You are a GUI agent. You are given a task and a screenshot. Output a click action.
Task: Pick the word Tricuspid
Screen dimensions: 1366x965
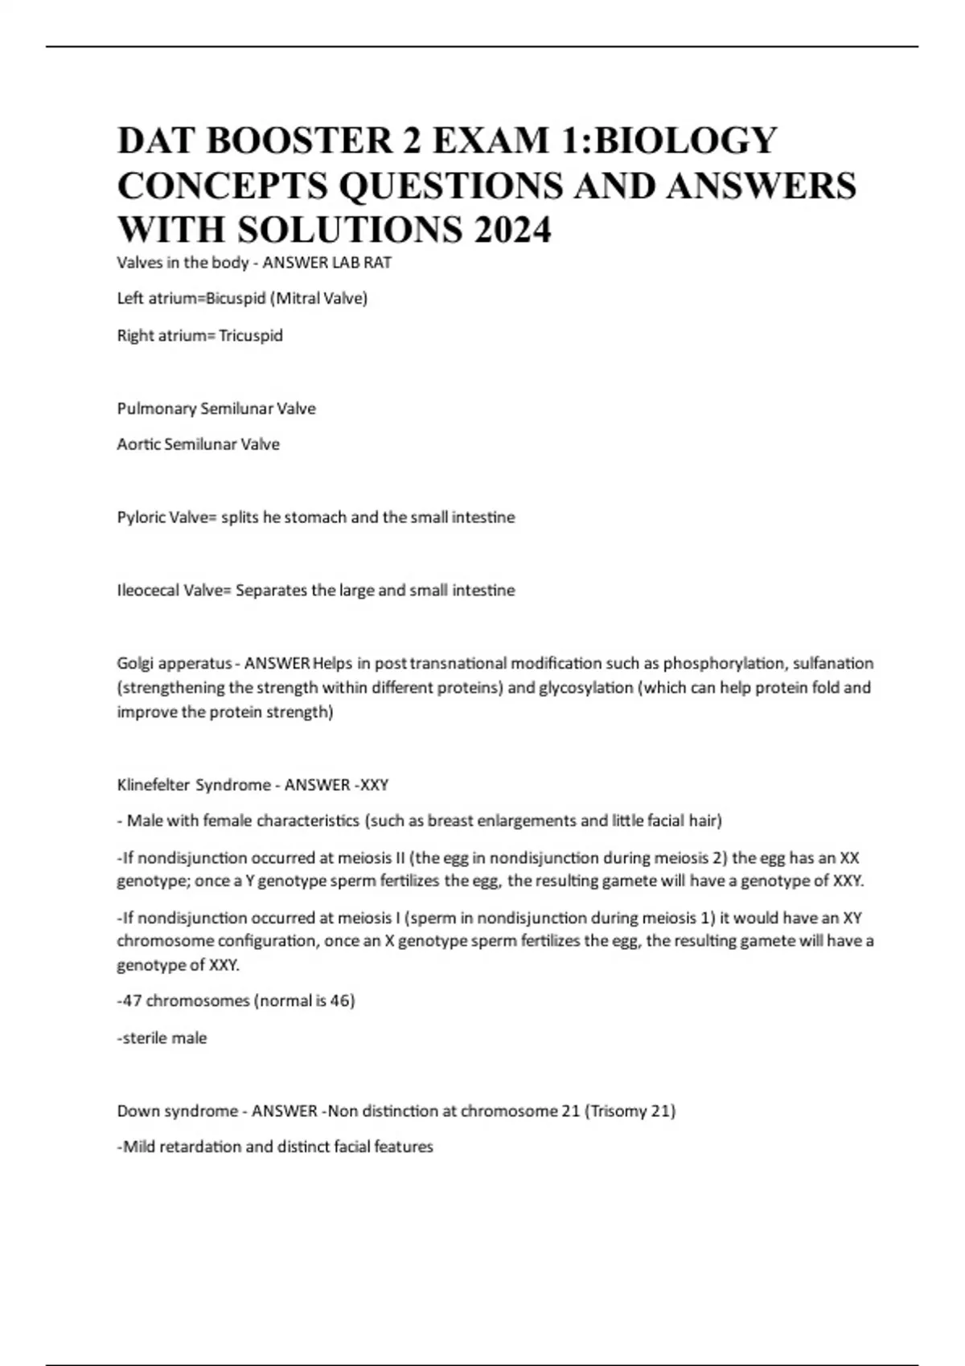point(251,336)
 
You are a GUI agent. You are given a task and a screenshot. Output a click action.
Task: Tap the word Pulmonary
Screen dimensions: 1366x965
point(156,409)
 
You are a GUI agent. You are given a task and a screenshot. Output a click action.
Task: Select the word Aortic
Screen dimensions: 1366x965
point(138,444)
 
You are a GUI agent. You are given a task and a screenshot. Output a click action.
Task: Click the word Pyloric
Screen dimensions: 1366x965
point(139,517)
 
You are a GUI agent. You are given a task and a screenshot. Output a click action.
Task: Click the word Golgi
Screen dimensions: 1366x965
point(135,664)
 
